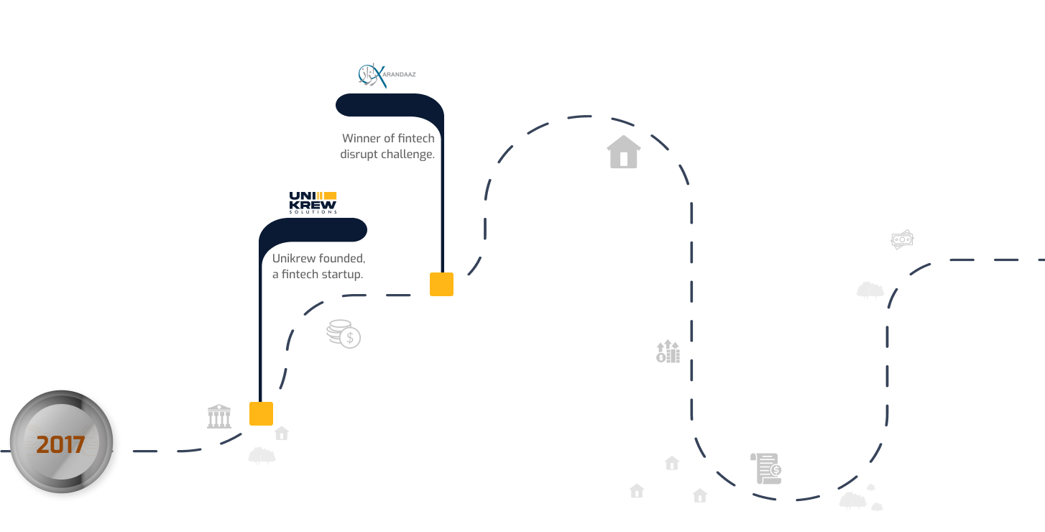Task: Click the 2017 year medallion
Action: [x=62, y=441]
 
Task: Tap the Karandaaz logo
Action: [x=387, y=75]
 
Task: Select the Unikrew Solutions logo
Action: [x=313, y=203]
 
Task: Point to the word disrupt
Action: [x=359, y=154]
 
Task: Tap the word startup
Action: [x=340, y=275]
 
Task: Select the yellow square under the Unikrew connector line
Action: [x=262, y=413]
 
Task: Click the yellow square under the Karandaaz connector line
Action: [x=441, y=284]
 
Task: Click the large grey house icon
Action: [x=624, y=152]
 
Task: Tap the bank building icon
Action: [x=218, y=416]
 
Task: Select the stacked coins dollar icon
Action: [x=344, y=334]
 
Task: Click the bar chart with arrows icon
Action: [x=668, y=352]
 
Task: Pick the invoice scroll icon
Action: [x=766, y=468]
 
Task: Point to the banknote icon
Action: [x=902, y=239]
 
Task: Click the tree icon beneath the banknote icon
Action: [x=870, y=290]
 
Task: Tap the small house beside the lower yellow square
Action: [x=282, y=433]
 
